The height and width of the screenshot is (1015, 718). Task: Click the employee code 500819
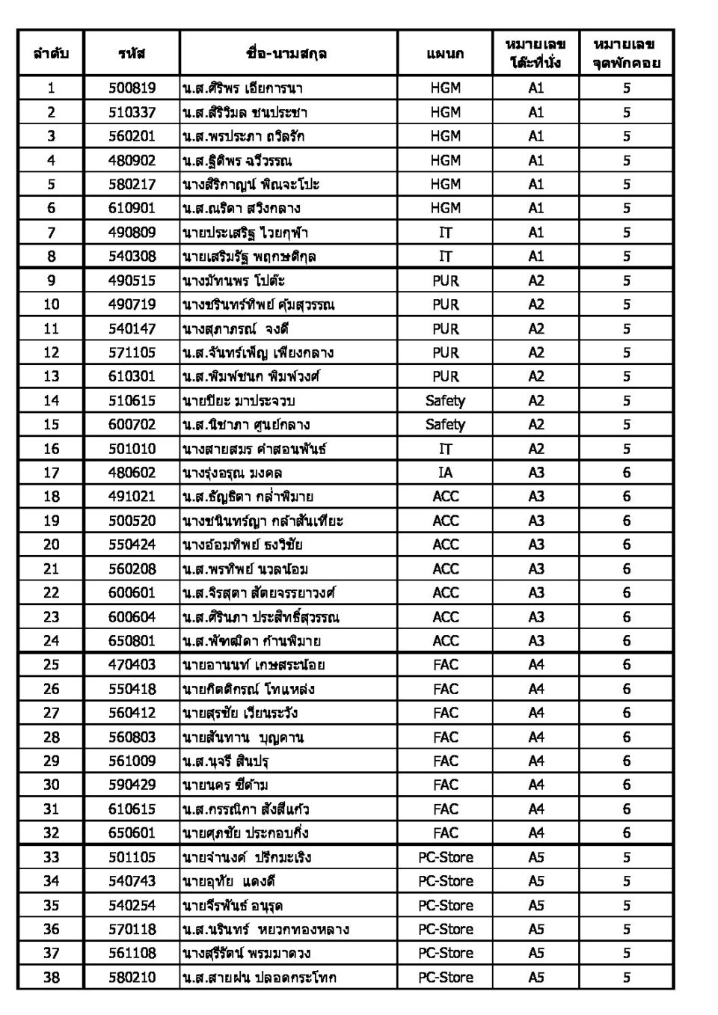(132, 88)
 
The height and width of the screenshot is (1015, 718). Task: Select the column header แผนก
(445, 53)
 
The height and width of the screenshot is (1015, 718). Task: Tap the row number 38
(51, 977)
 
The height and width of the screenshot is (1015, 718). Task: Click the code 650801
(132, 640)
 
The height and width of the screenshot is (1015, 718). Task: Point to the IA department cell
(445, 472)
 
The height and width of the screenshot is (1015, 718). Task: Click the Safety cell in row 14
(445, 400)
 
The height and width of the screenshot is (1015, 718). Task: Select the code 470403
(132, 664)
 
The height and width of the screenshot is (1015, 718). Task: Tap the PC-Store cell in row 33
(445, 857)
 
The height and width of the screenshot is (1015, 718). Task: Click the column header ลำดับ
(51, 53)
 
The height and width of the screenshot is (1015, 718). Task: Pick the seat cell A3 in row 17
(536, 472)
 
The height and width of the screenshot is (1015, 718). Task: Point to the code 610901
(132, 208)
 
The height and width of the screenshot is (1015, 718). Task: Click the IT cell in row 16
(445, 449)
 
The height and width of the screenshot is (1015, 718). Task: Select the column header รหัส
(132, 53)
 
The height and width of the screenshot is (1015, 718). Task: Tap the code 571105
(132, 352)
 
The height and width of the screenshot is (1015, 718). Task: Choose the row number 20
(51, 545)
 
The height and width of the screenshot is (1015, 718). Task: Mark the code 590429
(132, 785)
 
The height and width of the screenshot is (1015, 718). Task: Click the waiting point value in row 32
(626, 832)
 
